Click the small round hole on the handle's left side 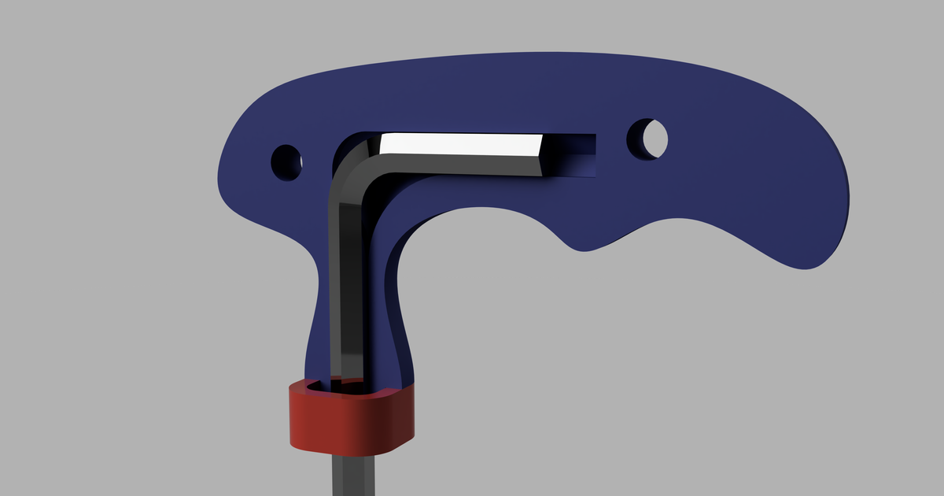pos(286,161)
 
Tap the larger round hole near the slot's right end pos(647,139)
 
